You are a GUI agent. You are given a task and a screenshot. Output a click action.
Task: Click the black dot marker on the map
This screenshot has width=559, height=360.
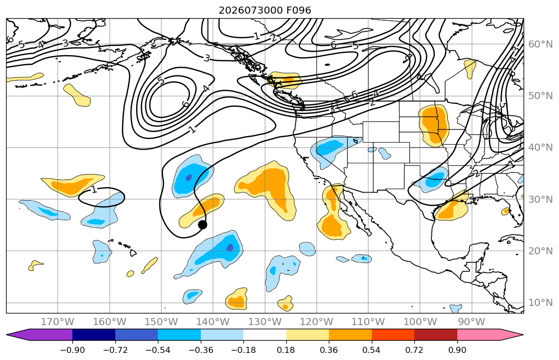tap(202, 224)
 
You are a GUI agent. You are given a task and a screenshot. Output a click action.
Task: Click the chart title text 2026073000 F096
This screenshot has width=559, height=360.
tap(265, 10)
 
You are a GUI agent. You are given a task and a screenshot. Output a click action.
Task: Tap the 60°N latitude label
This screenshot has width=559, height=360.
tap(540, 44)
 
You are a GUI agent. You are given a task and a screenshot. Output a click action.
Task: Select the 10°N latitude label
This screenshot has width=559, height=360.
tap(540, 303)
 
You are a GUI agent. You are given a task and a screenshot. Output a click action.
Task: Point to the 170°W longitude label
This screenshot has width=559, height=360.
tap(58, 322)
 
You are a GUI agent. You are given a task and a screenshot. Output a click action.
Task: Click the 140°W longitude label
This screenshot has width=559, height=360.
tap(213, 322)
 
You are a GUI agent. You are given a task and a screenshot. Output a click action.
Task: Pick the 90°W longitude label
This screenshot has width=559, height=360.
tap(471, 322)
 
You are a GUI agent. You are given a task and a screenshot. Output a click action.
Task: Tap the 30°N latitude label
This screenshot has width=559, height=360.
tap(540, 199)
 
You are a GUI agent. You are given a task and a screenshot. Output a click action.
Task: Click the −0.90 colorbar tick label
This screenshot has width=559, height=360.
tap(72, 350)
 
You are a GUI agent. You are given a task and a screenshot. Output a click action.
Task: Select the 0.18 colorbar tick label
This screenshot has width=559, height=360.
tap(286, 350)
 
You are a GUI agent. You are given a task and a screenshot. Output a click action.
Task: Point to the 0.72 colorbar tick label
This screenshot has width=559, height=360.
tap(414, 350)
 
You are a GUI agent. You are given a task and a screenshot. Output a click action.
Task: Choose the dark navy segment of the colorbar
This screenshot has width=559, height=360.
tap(94, 335)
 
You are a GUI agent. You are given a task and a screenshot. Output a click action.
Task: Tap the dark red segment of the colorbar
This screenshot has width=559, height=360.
tap(436, 335)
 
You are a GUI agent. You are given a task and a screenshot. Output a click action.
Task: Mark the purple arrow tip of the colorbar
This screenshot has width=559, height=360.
tap(7, 335)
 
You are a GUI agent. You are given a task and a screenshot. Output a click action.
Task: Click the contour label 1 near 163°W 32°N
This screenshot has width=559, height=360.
tap(94, 189)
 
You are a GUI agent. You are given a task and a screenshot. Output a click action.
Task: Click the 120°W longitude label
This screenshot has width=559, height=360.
tap(317, 322)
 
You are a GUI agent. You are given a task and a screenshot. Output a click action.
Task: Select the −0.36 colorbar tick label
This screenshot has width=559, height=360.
tap(201, 350)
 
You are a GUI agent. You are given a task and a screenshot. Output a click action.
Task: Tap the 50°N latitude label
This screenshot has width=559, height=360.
tap(540, 96)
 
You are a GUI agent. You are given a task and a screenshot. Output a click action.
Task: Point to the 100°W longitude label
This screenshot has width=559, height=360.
tap(420, 322)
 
